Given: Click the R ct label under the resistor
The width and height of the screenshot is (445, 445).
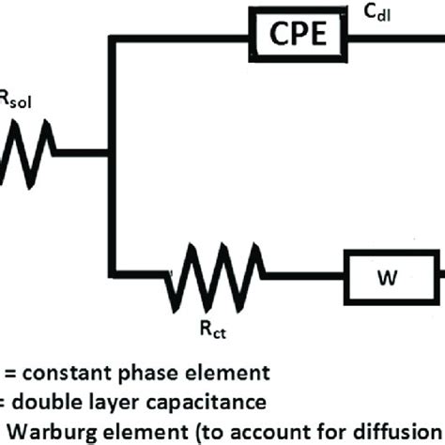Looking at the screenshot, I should pyautogui.click(x=212, y=330).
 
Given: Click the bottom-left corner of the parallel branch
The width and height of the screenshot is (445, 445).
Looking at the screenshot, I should pyautogui.click(x=111, y=278).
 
